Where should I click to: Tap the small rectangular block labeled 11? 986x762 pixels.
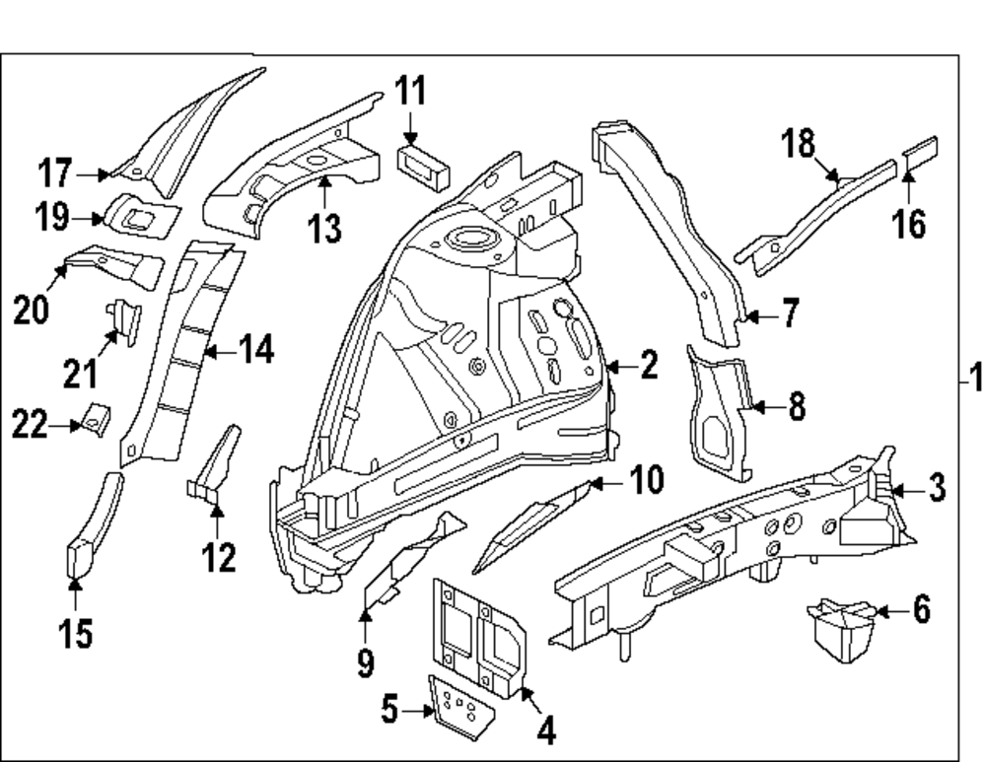click(x=423, y=165)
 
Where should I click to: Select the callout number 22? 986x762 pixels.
click(x=31, y=426)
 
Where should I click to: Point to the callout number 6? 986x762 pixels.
click(x=921, y=611)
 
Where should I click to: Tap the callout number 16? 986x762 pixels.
click(x=910, y=224)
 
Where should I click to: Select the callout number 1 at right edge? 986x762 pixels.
click(x=974, y=380)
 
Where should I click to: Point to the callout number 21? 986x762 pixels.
click(x=81, y=373)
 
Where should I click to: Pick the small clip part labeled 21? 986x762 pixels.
click(x=124, y=318)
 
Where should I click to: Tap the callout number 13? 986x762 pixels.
click(x=323, y=229)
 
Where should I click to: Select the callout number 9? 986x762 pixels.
click(x=366, y=661)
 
